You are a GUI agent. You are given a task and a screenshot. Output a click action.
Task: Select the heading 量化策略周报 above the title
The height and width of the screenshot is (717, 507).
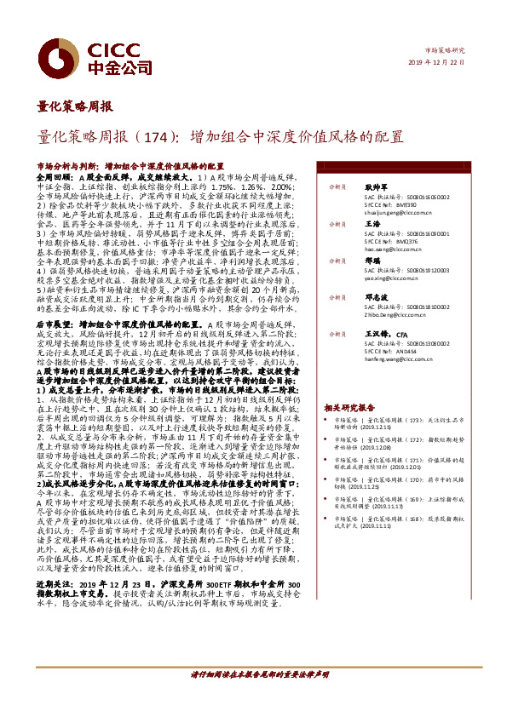(x=76, y=107)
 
